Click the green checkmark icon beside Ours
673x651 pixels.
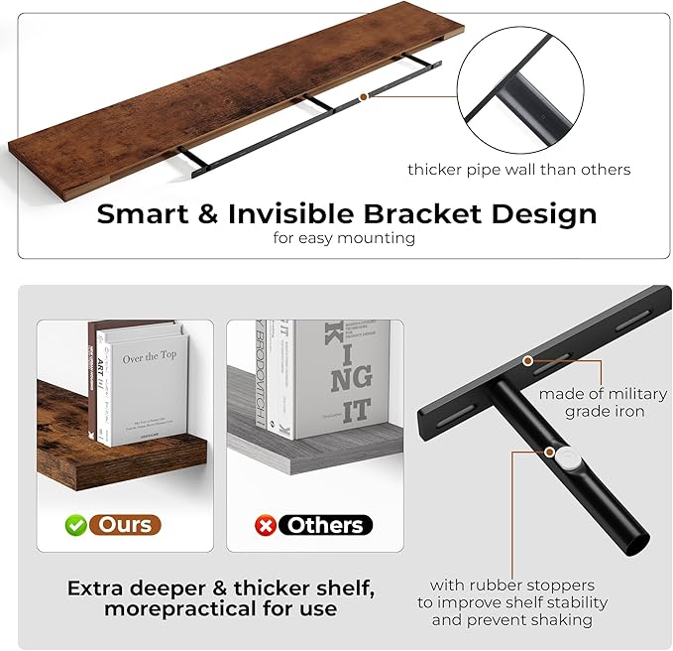74,525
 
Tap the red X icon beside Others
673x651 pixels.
266,525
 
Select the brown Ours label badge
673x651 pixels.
124,525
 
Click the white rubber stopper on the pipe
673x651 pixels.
567,457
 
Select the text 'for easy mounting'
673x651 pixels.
344,238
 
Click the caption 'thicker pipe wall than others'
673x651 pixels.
519,170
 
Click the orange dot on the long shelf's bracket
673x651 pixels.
364,96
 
